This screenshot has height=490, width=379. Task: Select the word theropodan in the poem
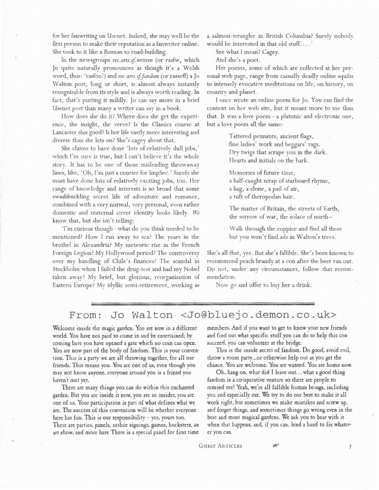(258, 196)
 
